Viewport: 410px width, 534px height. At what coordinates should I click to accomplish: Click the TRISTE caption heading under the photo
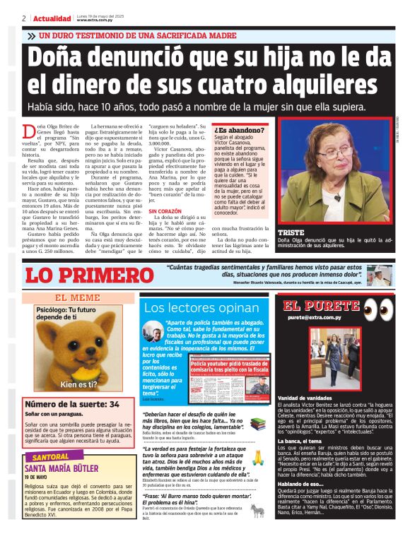292,232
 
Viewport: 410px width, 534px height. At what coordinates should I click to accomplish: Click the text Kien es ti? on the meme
78,384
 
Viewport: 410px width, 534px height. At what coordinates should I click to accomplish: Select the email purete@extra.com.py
314,318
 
